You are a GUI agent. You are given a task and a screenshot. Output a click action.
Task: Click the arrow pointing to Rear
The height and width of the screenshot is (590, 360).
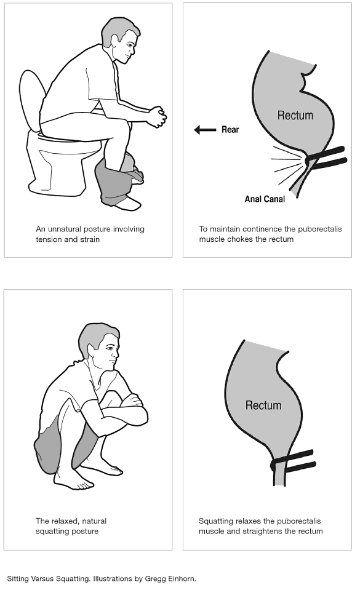pos(205,130)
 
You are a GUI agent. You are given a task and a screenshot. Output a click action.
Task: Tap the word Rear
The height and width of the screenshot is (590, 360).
pos(230,130)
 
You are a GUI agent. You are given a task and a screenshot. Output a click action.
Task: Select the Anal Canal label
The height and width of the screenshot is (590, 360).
pos(265,199)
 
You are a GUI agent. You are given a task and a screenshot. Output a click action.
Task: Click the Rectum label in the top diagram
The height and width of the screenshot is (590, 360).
pos(295,115)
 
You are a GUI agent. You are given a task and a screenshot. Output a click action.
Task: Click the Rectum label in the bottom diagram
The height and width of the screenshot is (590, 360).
pos(263,405)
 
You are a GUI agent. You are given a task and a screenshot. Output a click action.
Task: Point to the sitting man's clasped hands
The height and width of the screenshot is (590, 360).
pos(157,116)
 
